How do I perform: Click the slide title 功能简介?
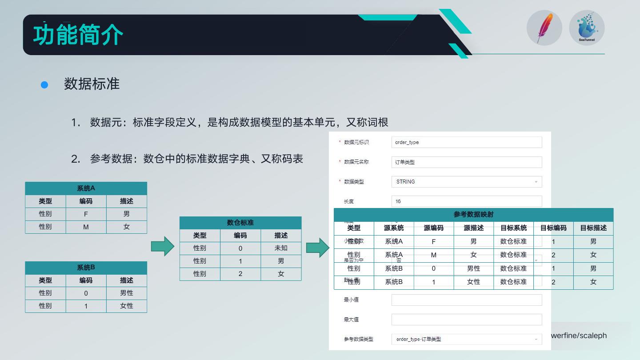click(x=78, y=35)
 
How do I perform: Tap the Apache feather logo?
click(x=544, y=28)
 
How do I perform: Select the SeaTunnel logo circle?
click(x=587, y=28)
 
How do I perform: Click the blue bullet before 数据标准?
click(x=44, y=84)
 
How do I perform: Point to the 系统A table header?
click(x=86, y=188)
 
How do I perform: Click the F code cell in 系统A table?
click(x=86, y=214)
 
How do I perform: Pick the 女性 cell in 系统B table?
click(x=126, y=306)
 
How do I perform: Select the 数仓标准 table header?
click(x=240, y=223)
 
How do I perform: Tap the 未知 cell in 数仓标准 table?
click(x=281, y=248)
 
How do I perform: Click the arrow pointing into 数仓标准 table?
click(x=162, y=246)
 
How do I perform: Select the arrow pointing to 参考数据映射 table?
click(x=317, y=248)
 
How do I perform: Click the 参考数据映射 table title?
click(x=473, y=214)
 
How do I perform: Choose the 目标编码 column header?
click(x=553, y=228)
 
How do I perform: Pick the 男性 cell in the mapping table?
click(x=473, y=268)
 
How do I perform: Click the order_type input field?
click(x=467, y=142)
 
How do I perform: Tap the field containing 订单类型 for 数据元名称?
click(x=467, y=162)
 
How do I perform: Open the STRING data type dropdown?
click(x=467, y=182)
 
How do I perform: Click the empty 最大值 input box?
click(x=467, y=320)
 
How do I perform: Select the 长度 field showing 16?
click(x=467, y=201)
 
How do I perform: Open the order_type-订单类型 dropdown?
click(x=467, y=339)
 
